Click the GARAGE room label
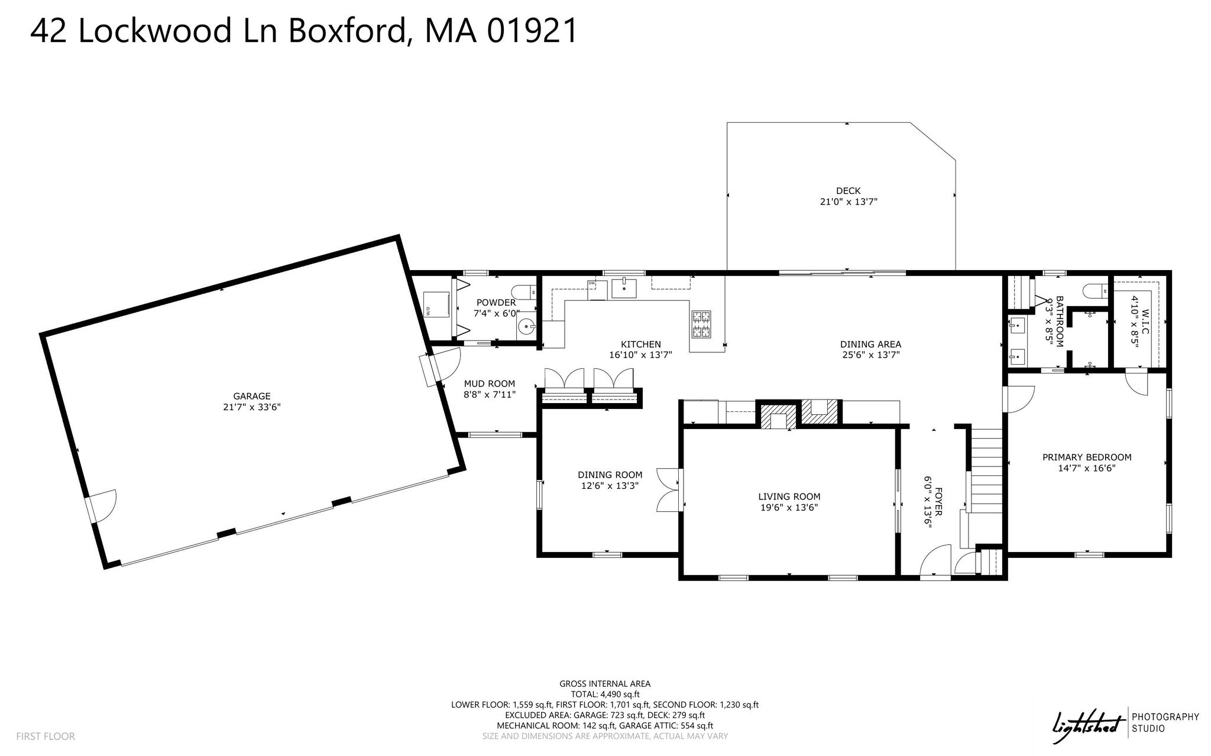tap(252, 396)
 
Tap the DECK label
tap(848, 191)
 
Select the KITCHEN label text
tap(640, 344)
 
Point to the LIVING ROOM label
tap(789, 497)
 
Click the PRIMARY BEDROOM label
tap(1087, 457)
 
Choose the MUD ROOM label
tap(490, 384)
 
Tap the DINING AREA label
tap(870, 344)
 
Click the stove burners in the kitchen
tap(701, 325)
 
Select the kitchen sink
tap(624, 288)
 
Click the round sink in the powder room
tap(526, 326)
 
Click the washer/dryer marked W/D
tap(436, 304)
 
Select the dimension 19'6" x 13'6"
tap(789, 507)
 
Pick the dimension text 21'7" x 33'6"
tap(252, 407)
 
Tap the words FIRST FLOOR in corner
tap(46, 736)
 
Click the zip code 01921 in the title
tap(532, 31)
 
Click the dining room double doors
tap(669, 489)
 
